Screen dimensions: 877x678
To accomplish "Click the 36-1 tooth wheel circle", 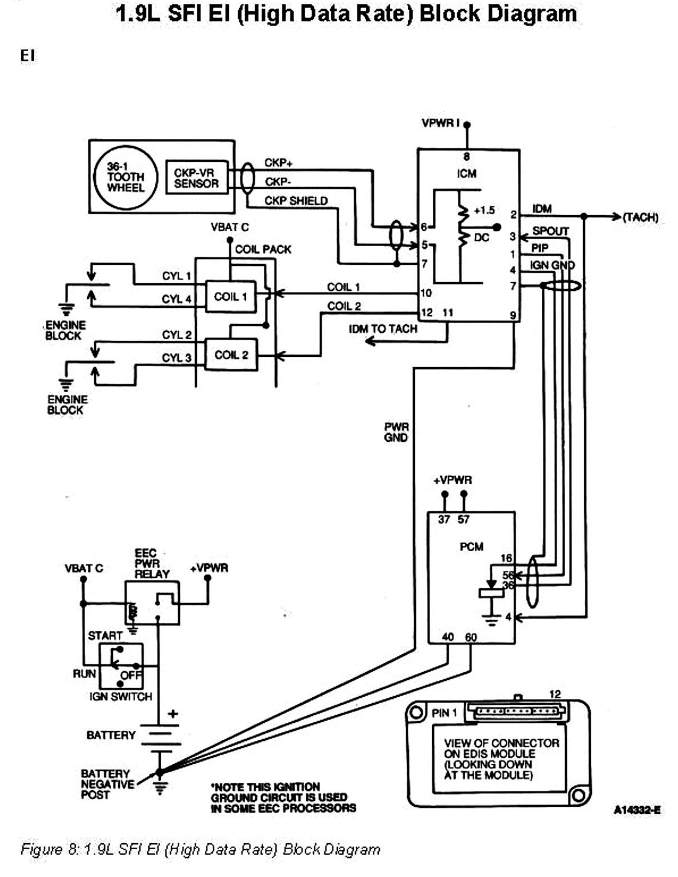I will (125, 177).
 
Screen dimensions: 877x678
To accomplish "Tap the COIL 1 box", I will (231, 297).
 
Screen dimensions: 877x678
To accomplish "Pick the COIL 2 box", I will (231, 355).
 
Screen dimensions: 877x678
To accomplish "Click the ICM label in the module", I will (467, 173).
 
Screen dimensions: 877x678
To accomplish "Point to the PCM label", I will (471, 546).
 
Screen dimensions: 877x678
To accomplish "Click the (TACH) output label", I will (640, 217).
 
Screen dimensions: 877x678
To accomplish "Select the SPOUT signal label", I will (550, 231).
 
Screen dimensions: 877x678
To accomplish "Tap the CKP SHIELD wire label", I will (296, 201).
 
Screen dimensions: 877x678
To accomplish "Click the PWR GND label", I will (396, 433).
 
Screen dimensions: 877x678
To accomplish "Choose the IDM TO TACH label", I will (383, 329).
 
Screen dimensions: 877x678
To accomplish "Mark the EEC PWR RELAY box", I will (152, 602).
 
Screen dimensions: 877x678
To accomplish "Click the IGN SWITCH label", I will (121, 696).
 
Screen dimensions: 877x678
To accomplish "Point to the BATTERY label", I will (111, 735).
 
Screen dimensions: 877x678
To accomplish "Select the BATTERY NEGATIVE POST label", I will (107, 784).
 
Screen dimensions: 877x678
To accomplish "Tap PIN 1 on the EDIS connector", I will (445, 713).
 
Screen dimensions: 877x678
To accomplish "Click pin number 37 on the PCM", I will (444, 520).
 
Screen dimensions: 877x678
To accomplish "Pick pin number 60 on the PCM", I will (471, 637).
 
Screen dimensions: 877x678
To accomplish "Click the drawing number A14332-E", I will (637, 810).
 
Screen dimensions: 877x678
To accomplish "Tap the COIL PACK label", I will (263, 249).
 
